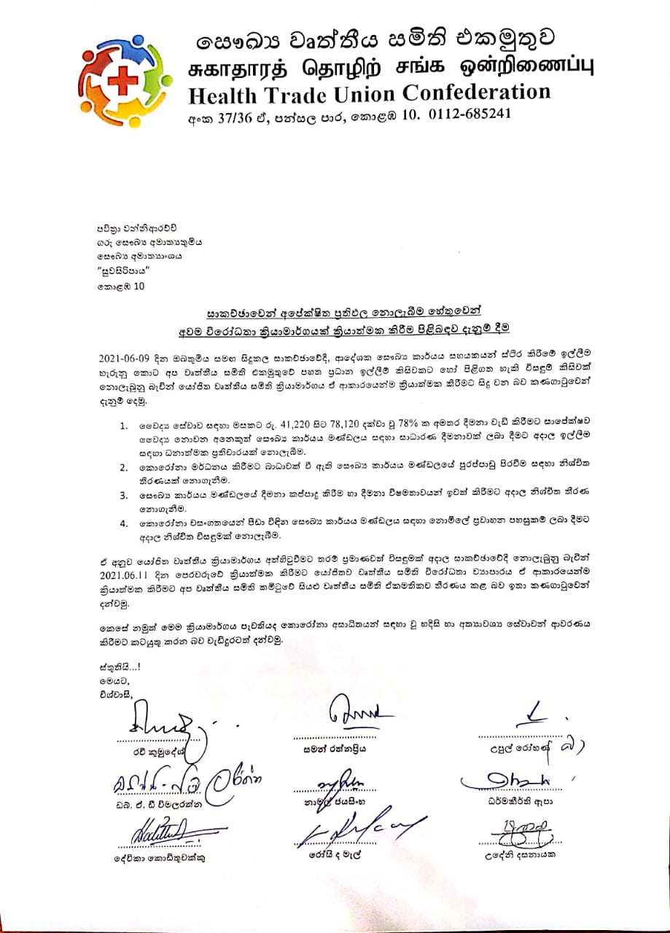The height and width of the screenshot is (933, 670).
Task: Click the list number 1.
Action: coord(125,424)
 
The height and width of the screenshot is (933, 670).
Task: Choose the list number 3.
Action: coord(125,495)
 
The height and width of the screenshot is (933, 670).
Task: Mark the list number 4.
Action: coord(125,523)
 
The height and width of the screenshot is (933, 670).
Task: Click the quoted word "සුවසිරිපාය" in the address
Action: coord(125,271)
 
